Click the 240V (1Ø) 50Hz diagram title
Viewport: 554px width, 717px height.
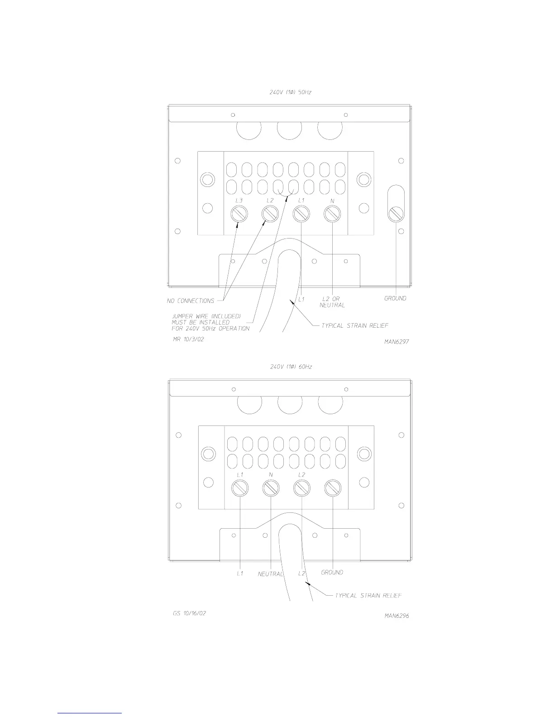291,92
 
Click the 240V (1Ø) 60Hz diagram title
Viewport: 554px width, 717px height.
291,367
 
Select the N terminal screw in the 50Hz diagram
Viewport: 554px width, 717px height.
332,214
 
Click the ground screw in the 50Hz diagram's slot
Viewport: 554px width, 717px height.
396,213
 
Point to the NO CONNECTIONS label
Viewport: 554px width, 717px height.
191,301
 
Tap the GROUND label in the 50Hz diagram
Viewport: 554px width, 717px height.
395,298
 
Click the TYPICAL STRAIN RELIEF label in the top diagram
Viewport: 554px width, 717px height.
355,325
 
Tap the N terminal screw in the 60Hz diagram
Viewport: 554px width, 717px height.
271,488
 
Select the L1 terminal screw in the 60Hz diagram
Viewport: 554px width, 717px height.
240,488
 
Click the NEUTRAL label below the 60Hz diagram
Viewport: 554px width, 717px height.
270,574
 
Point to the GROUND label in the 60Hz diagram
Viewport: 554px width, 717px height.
332,572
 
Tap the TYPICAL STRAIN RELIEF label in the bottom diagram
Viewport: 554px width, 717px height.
368,595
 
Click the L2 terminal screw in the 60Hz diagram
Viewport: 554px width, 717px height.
301,488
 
